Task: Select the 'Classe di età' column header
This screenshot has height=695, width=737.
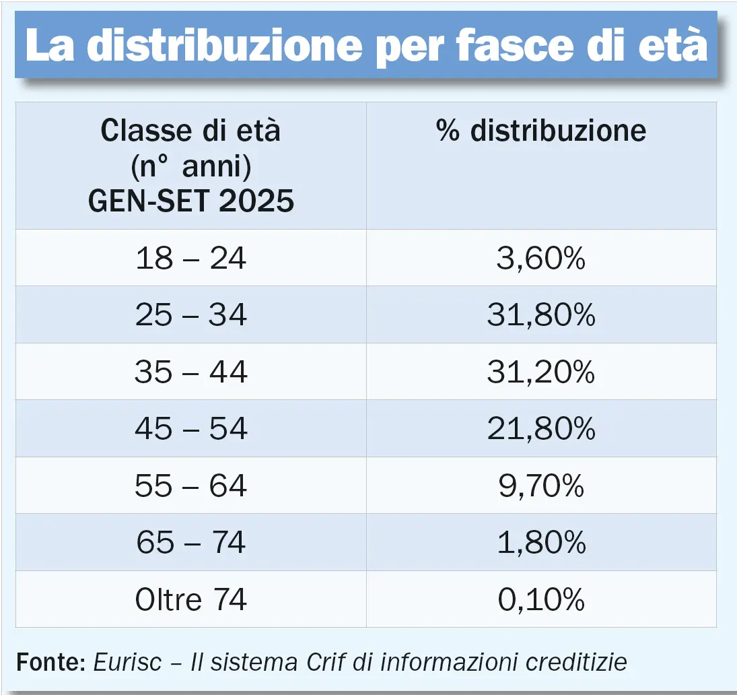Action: click(190, 131)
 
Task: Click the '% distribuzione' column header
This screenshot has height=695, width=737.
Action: click(541, 131)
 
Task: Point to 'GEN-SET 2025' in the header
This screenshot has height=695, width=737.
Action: click(191, 201)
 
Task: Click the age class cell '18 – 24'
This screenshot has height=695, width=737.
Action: click(191, 259)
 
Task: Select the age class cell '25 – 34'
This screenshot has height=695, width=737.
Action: click(191, 315)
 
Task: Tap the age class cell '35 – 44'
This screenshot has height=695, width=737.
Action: click(191, 372)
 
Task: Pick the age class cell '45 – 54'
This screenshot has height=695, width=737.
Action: click(191, 429)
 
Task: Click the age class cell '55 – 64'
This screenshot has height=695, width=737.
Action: click(191, 486)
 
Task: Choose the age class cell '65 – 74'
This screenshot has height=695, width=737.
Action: click(191, 543)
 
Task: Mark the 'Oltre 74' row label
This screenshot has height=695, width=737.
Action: click(191, 599)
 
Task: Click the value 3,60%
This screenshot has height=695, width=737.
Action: click(541, 259)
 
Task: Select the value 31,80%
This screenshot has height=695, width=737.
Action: click(541, 315)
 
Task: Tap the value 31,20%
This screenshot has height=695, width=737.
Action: click(541, 372)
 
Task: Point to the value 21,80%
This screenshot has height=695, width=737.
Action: click(541, 429)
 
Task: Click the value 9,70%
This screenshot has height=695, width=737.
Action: click(541, 486)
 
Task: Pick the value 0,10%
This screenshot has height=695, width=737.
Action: click(541, 599)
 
